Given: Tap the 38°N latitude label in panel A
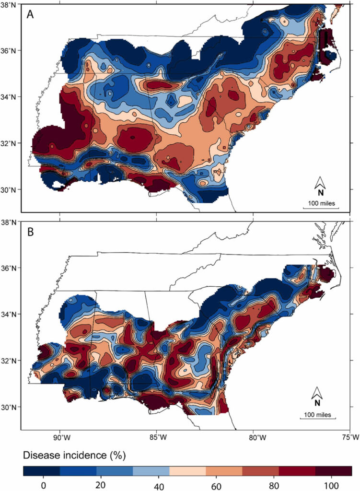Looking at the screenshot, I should pyautogui.click(x=10, y=4).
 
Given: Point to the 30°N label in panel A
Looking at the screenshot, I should pyautogui.click(x=10, y=190).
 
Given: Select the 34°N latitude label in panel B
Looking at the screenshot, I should pyautogui.click(x=10, y=315).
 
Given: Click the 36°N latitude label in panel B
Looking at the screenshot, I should pyautogui.click(x=10, y=268).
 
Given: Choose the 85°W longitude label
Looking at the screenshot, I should pyautogui.click(x=158, y=437).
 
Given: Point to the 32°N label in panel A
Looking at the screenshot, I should pyautogui.click(x=10, y=143).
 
